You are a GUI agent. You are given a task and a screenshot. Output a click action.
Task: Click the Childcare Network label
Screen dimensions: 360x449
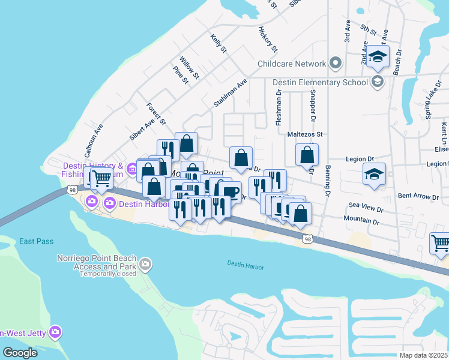[x=292, y=64]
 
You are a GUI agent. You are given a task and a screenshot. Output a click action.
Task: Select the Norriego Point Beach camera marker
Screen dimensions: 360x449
[x=145, y=263]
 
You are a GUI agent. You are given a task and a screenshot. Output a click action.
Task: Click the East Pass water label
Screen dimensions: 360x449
[x=36, y=241]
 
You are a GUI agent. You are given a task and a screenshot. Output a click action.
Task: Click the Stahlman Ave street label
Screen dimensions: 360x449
[x=231, y=93]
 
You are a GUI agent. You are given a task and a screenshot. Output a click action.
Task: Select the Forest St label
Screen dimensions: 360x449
[x=155, y=114]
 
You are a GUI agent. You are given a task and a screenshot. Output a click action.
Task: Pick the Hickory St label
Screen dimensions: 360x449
[x=268, y=39]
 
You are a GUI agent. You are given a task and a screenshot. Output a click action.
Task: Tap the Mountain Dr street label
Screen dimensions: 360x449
[x=361, y=221]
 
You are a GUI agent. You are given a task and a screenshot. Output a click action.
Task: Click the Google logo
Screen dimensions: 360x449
[x=20, y=353]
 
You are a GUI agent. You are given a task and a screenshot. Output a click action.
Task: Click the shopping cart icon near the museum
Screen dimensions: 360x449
[x=101, y=177]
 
